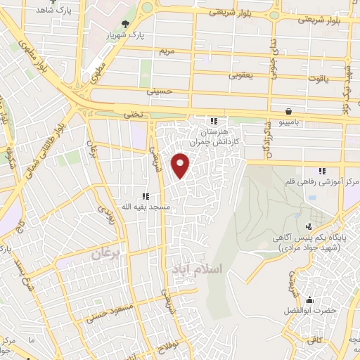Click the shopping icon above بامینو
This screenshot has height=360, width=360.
[289, 111]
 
